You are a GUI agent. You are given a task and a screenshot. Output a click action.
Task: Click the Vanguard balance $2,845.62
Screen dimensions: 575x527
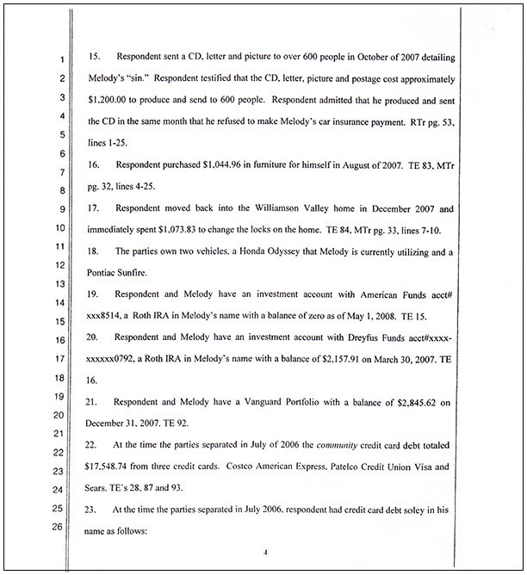coord(415,401)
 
